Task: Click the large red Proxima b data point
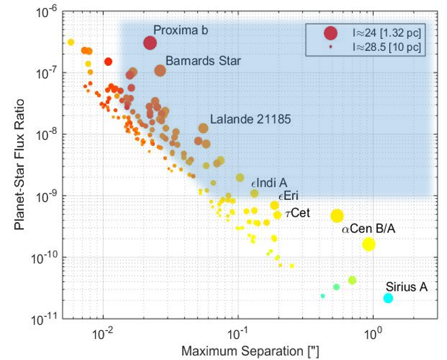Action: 150,43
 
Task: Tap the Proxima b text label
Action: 180,30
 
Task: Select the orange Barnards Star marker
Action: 160,71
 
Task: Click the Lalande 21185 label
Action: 250,119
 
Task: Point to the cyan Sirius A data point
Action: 388,298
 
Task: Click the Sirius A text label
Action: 406,286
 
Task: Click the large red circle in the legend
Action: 331,33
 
